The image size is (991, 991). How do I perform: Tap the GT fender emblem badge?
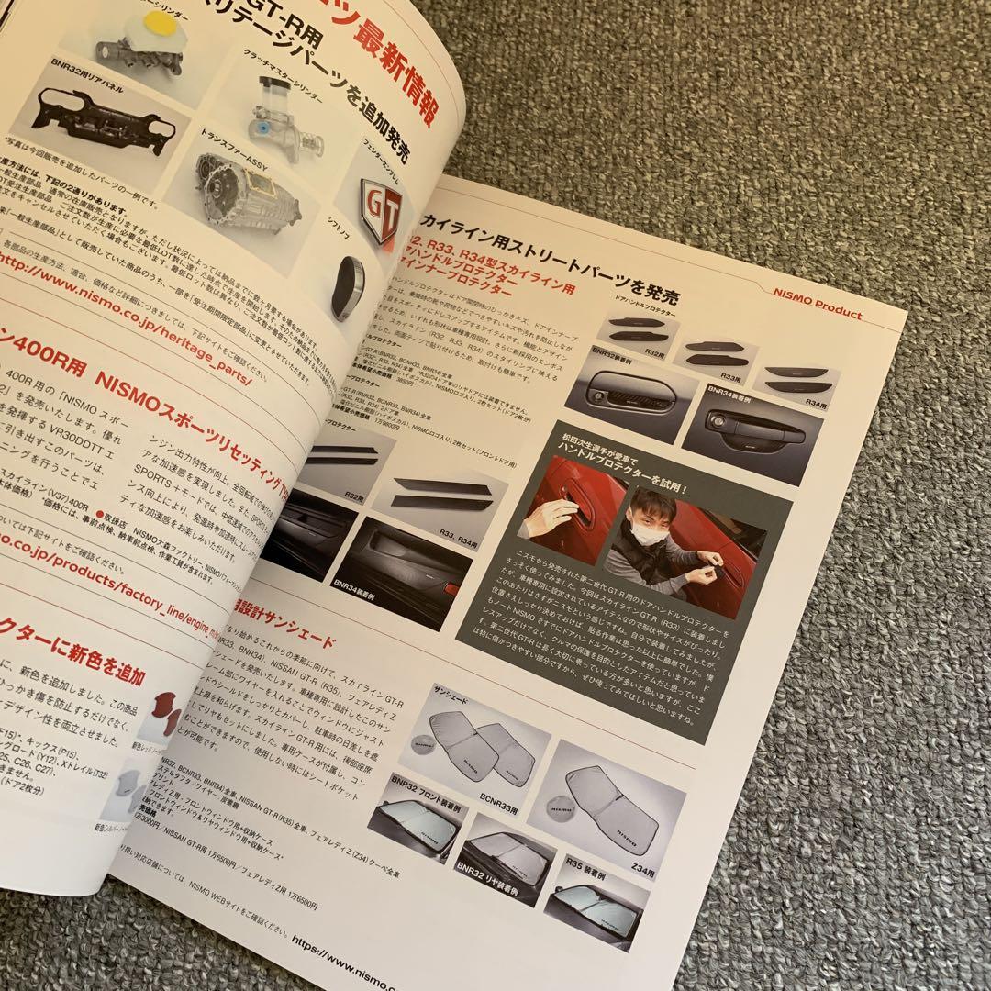click(381, 211)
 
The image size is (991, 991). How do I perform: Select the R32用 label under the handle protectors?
click(653, 352)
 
